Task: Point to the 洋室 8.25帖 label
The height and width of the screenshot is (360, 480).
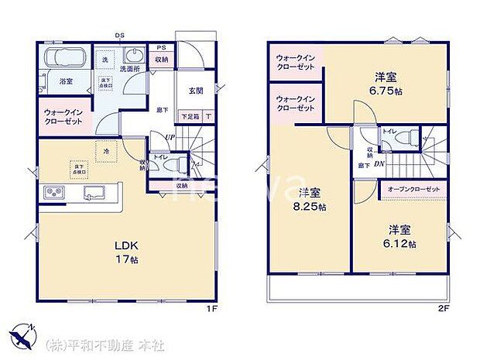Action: point(311,200)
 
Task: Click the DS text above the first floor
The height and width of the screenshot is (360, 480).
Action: point(119,36)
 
